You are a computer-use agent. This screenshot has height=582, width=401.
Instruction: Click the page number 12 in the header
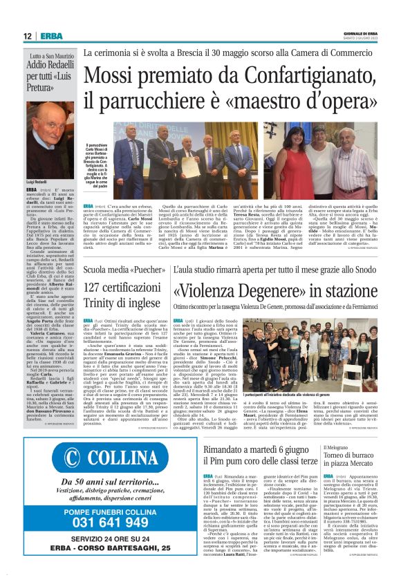pos(27,36)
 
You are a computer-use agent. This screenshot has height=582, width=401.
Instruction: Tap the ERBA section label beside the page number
pos(50,36)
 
